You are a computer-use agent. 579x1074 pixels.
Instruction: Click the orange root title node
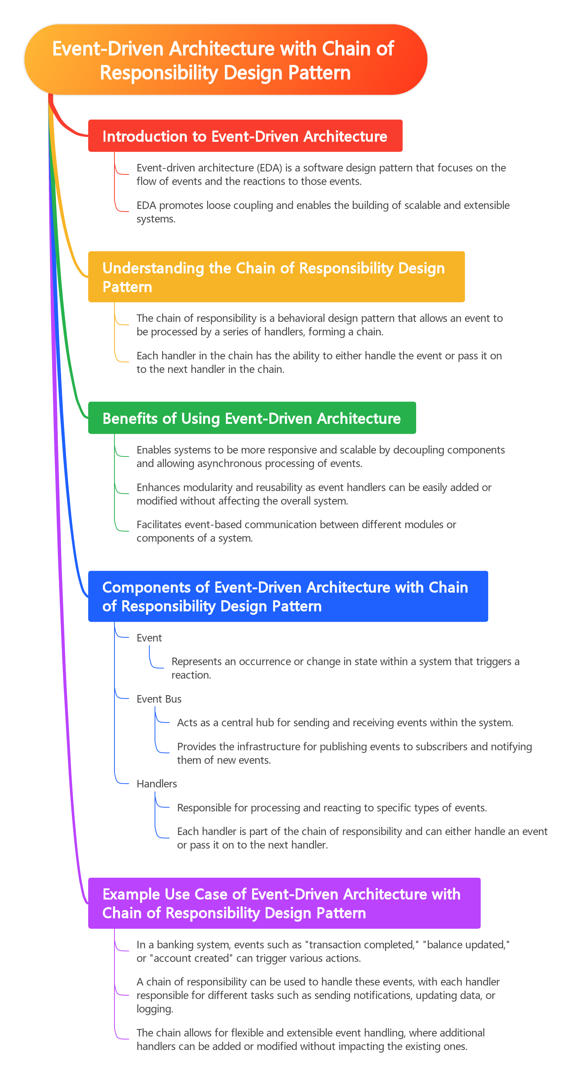(x=226, y=60)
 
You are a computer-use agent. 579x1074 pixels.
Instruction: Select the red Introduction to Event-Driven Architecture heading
(x=245, y=136)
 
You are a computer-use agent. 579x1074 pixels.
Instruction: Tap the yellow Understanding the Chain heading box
(x=276, y=277)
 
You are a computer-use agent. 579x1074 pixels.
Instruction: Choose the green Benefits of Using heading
(x=252, y=418)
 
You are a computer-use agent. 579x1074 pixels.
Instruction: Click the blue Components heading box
(x=288, y=596)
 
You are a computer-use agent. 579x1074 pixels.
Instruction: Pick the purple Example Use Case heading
(x=284, y=903)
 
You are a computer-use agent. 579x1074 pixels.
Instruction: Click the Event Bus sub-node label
(x=159, y=699)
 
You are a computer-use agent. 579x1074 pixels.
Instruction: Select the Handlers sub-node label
(x=157, y=783)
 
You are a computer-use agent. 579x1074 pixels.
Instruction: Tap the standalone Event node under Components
(x=149, y=638)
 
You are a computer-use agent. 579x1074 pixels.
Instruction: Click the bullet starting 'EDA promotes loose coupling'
(x=323, y=212)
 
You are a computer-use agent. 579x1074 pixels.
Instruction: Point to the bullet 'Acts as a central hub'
(x=345, y=723)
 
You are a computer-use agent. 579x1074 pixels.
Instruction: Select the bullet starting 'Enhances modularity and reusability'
(x=314, y=494)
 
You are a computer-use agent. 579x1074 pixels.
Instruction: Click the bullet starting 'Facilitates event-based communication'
(x=296, y=531)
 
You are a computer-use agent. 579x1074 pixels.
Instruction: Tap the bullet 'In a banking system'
(x=323, y=951)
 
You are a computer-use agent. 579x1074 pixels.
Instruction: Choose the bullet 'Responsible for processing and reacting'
(x=332, y=808)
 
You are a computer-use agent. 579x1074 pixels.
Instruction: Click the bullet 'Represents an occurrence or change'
(x=345, y=668)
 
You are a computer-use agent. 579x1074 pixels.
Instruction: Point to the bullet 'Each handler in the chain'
(x=319, y=362)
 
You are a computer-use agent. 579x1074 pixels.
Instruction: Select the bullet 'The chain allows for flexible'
(x=310, y=1039)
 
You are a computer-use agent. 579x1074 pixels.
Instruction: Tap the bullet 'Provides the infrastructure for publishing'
(x=355, y=753)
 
